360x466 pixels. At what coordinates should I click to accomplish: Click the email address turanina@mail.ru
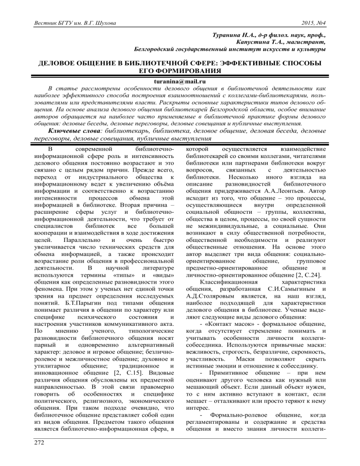pyautogui.click(x=180, y=81)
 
